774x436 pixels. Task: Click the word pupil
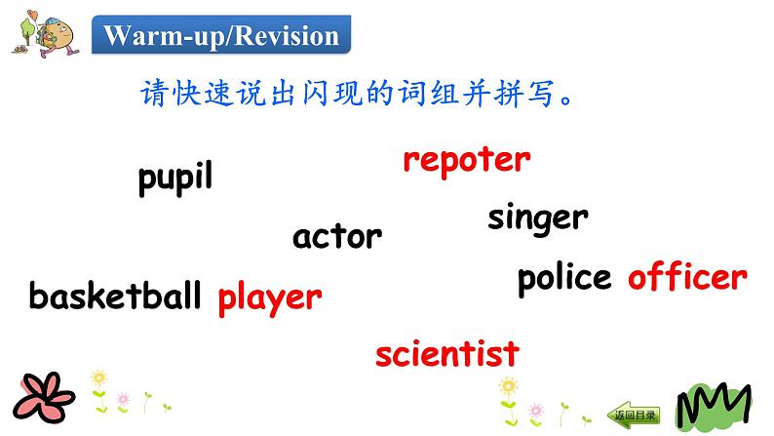(x=175, y=178)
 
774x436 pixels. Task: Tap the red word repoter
(x=467, y=160)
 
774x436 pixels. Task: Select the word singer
(x=538, y=218)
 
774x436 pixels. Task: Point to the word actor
(x=337, y=235)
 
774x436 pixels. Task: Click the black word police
(x=564, y=278)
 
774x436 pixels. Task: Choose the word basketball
(x=115, y=295)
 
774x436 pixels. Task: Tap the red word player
(x=269, y=297)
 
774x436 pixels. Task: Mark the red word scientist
(x=447, y=353)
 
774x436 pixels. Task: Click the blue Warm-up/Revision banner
(x=221, y=37)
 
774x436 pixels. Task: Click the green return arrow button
(x=634, y=414)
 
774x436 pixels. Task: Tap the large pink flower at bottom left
(x=39, y=398)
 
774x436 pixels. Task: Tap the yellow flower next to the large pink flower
(x=97, y=379)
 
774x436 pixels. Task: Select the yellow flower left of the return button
(x=507, y=388)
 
